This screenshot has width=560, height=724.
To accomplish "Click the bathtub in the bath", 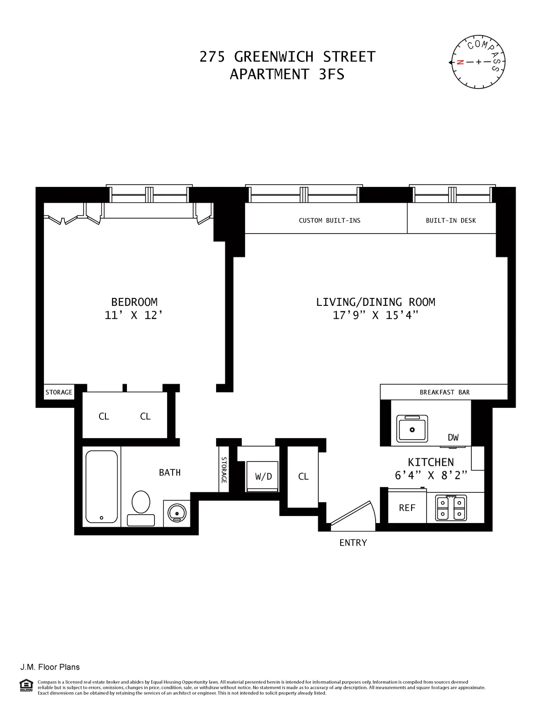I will (102, 486).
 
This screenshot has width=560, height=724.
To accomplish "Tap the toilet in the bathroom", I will (141, 507).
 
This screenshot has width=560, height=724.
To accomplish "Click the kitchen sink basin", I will (412, 428).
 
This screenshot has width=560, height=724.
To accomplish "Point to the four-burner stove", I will (451, 508).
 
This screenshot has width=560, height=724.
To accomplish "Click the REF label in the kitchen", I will (407, 508).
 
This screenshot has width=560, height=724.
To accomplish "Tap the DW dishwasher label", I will (453, 437).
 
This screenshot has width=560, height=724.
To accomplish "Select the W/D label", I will (263, 476).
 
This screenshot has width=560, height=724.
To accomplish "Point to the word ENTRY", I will (353, 543).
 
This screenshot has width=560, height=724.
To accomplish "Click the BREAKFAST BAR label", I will (444, 392).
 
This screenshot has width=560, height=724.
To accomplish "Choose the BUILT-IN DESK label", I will (451, 221).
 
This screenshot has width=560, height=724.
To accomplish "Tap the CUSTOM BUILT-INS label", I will (329, 221).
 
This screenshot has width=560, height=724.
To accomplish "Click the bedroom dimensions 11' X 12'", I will (133, 316).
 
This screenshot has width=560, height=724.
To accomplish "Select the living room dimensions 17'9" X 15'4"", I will (375, 316).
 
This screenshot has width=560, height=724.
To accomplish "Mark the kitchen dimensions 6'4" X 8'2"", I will (431, 476).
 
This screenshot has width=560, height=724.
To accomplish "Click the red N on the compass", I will (460, 62).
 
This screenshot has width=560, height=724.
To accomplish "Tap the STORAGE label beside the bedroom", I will (59, 392).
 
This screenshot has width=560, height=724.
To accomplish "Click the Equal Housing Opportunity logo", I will (26, 686).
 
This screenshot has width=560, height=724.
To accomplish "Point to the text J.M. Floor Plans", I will (50, 667).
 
